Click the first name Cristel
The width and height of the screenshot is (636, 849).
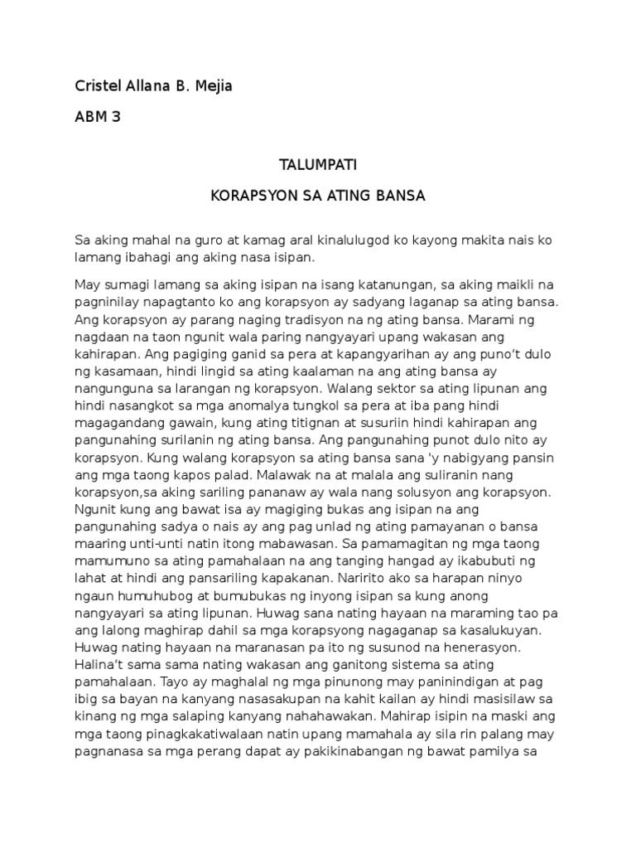coord(98,86)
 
